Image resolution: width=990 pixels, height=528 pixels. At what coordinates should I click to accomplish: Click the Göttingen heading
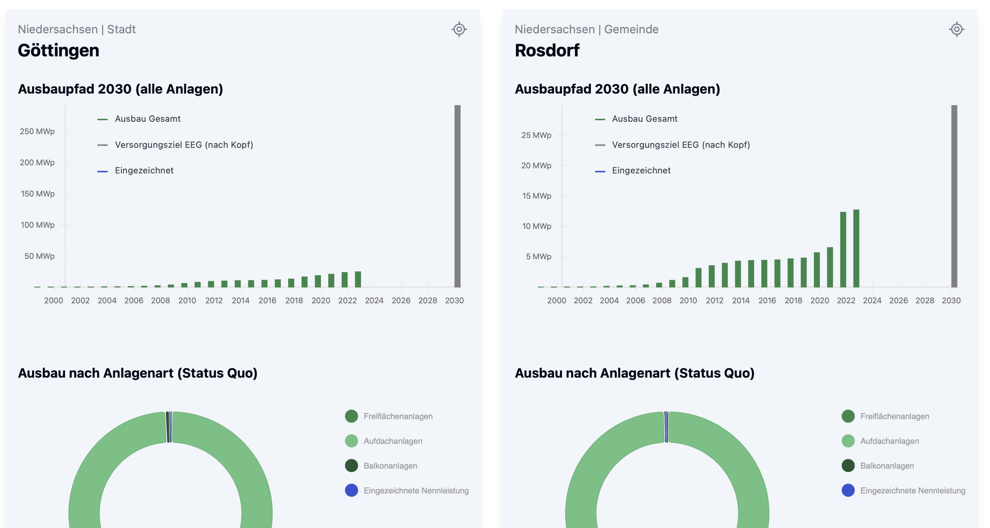59,50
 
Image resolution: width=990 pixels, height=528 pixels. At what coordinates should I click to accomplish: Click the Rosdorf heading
547,50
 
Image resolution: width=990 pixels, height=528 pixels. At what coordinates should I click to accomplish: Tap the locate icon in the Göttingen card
459,29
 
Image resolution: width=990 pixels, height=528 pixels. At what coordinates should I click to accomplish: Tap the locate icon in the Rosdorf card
956,29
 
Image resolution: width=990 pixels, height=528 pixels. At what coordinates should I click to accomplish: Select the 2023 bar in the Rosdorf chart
856,248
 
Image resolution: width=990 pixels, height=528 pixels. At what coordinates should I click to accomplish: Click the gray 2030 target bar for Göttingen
457,196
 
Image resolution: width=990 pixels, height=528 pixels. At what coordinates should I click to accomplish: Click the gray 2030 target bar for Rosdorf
954,196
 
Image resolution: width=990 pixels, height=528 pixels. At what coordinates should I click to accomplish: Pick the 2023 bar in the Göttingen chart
358,279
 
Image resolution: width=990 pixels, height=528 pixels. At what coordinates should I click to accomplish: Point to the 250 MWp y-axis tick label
37,132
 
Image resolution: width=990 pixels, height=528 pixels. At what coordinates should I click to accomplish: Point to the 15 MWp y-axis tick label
536,196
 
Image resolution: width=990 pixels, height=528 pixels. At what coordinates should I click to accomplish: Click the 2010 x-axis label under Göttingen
187,301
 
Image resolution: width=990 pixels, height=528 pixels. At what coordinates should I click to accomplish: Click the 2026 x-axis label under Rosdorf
899,301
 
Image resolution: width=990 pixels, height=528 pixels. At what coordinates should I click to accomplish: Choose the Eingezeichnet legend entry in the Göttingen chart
144,171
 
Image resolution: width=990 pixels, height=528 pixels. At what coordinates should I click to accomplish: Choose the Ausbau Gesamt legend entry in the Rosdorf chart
645,119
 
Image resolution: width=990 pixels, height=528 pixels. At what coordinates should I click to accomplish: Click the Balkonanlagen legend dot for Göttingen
351,466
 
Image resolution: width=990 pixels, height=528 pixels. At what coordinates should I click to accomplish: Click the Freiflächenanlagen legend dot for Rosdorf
848,416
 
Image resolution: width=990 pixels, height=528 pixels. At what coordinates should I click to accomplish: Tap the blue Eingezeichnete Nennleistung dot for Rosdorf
848,490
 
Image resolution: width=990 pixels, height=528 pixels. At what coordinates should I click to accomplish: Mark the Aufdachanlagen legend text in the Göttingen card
393,441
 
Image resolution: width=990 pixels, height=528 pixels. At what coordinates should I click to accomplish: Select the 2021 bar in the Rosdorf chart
830,267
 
